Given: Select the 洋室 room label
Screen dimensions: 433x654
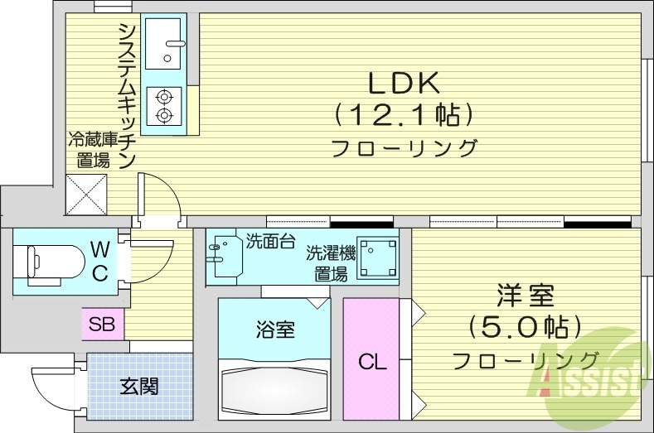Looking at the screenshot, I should point(525,295).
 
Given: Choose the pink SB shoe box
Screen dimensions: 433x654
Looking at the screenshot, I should point(102,323).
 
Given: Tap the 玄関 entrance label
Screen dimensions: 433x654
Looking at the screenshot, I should point(138,386).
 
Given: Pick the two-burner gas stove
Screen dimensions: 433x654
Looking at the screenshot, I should point(164,105).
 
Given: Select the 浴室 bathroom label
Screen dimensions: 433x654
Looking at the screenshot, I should point(274,330).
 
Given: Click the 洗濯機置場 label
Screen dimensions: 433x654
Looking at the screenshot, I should point(329,262).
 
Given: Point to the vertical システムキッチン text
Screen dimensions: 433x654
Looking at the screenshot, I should point(127,95).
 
